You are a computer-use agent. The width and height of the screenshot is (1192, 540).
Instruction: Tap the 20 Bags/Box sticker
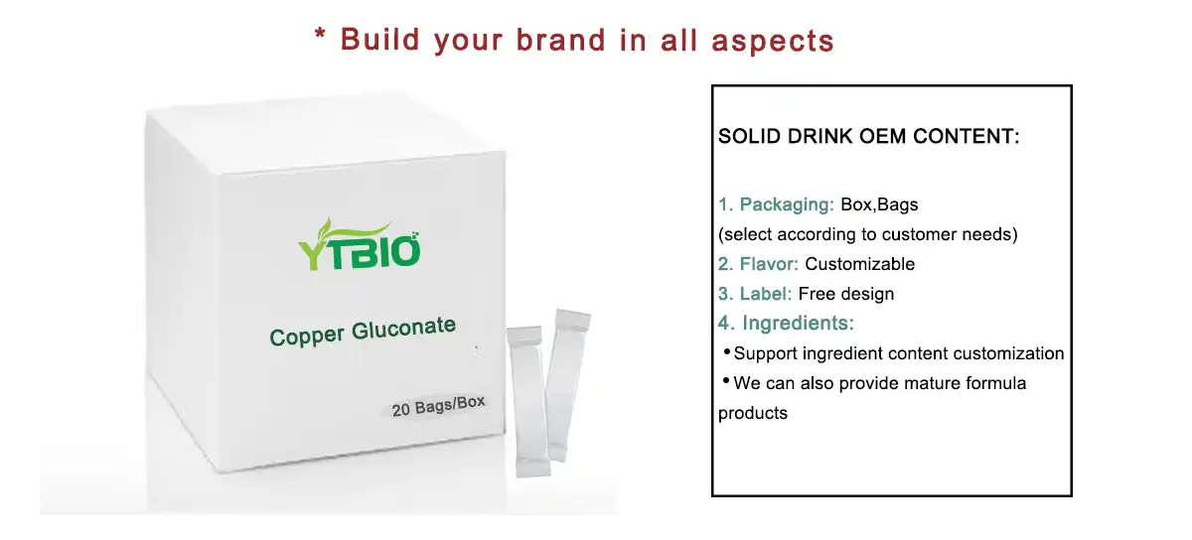coord(438,406)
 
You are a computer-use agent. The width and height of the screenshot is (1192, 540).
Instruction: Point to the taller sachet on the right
coord(564,382)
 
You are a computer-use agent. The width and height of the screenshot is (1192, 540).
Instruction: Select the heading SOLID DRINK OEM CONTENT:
coord(869,137)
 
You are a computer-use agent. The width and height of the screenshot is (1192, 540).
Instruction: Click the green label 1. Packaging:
coord(776,205)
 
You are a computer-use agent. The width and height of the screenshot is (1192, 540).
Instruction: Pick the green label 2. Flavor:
coord(758,265)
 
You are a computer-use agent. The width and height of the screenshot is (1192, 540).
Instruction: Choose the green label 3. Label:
coord(755,294)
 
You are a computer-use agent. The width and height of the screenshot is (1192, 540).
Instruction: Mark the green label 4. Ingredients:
coord(786,324)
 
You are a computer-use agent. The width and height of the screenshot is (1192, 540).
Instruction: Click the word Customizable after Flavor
coord(859,265)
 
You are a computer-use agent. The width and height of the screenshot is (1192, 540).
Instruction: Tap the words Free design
coord(846,294)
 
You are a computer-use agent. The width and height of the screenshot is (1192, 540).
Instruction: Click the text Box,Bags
coord(879,205)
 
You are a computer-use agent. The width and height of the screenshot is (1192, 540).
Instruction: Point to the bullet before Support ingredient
coord(726,352)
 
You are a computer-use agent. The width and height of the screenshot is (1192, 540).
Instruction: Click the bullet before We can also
coord(726,382)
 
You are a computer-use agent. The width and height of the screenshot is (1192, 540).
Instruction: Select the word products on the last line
coord(753,413)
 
